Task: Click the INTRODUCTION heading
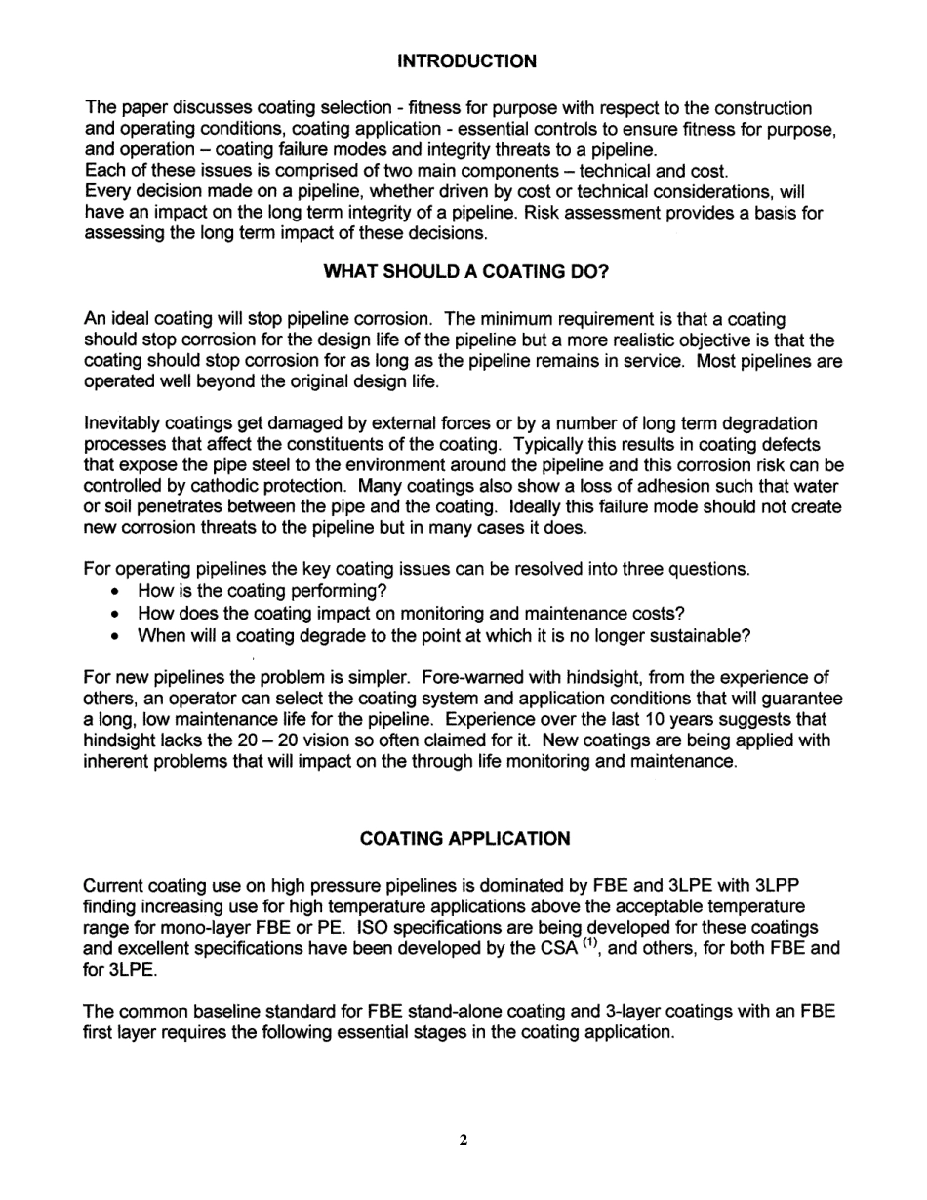click(466, 61)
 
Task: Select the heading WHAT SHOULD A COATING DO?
click(465, 272)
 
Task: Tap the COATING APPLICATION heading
click(464, 839)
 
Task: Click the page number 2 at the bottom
click(463, 1140)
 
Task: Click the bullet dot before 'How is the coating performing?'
click(117, 592)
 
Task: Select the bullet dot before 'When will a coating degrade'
click(117, 637)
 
